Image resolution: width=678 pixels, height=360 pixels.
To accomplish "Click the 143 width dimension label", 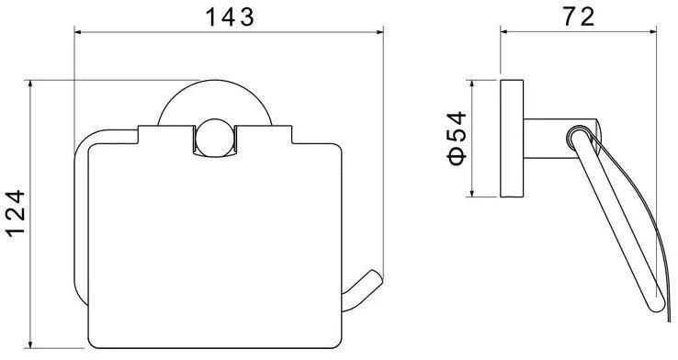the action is [x=229, y=17].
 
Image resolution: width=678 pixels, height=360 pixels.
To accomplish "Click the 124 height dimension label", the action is [x=16, y=213].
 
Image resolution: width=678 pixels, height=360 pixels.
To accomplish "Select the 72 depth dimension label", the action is [x=579, y=17].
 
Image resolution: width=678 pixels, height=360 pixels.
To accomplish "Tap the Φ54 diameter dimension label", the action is [x=458, y=139].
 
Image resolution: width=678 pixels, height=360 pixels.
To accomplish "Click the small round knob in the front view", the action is [x=215, y=137].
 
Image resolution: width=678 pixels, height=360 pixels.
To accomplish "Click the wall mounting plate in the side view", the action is [x=512, y=139].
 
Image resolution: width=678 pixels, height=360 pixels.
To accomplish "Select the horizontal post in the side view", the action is [x=550, y=139].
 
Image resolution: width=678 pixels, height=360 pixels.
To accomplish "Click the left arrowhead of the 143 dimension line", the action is [x=79, y=31].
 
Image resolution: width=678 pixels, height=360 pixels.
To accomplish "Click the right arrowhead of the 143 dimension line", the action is [x=379, y=31].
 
